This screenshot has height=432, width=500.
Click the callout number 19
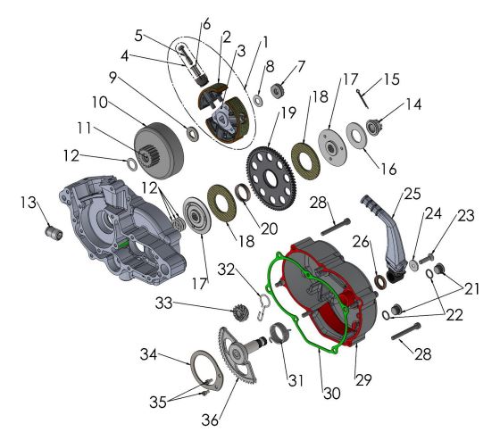click(287, 113)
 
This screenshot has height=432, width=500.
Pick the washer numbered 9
click(192, 134)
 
